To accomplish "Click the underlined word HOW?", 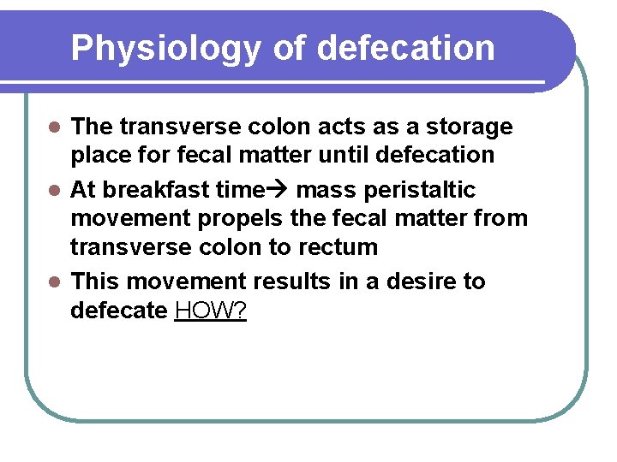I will (210, 310).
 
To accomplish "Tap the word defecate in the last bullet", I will (119, 310).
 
